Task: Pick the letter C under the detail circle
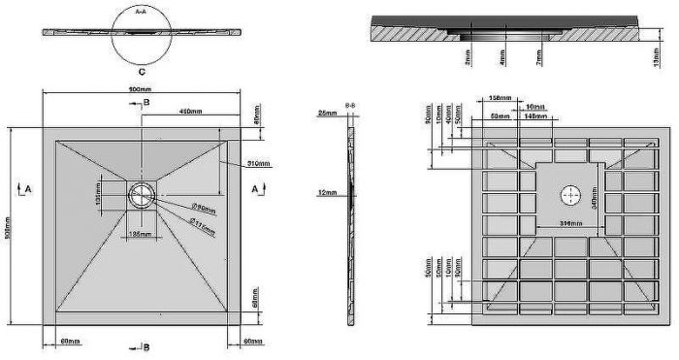coord(142,72)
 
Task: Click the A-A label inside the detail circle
coord(141,12)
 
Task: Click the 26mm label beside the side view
coord(328,114)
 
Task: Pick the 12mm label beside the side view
coord(328,193)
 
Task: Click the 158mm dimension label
coord(501,97)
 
